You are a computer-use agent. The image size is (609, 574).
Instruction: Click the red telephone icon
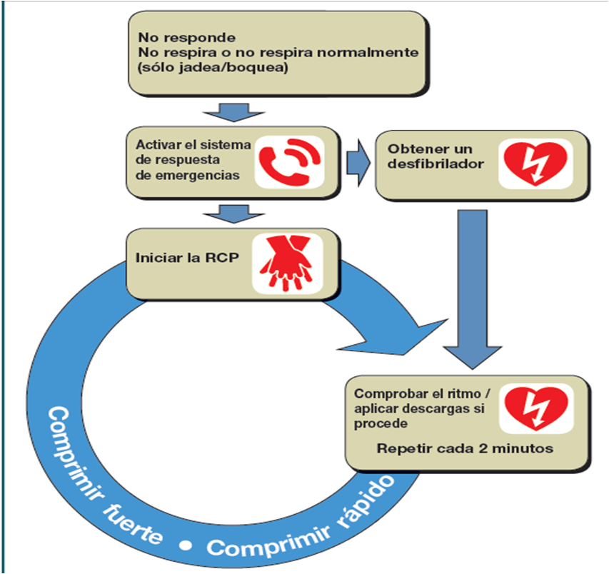[289, 162]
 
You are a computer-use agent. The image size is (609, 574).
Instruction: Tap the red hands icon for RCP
[287, 263]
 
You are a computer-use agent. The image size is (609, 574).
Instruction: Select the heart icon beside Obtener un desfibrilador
[535, 163]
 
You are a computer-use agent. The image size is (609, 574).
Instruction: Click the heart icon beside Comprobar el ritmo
[536, 408]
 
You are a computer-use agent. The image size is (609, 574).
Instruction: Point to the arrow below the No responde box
[233, 113]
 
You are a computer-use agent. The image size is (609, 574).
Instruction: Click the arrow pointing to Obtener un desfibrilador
[358, 163]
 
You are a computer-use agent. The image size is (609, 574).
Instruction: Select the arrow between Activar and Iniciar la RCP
[233, 214]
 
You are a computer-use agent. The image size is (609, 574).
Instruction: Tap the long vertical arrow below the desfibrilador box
[473, 289]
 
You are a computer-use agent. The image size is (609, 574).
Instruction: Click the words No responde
[187, 37]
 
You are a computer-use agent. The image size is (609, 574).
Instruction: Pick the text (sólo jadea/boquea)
[213, 68]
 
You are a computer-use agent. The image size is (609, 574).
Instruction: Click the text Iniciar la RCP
[187, 258]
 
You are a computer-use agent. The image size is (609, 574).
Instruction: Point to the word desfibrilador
[436, 163]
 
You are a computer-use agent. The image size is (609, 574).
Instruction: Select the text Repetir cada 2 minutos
[465, 448]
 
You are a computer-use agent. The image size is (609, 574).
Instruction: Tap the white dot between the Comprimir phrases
[186, 545]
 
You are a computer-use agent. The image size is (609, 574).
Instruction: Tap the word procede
[381, 423]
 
